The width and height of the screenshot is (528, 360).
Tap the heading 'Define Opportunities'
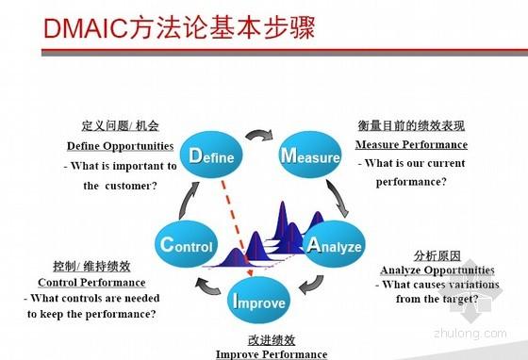point(120,147)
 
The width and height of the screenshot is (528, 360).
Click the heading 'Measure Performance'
point(411,145)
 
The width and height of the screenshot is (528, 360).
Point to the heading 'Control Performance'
point(91,283)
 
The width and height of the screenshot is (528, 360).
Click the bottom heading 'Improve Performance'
point(272,353)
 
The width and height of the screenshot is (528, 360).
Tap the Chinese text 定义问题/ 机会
point(120,126)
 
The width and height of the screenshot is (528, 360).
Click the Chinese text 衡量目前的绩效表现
point(411,126)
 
